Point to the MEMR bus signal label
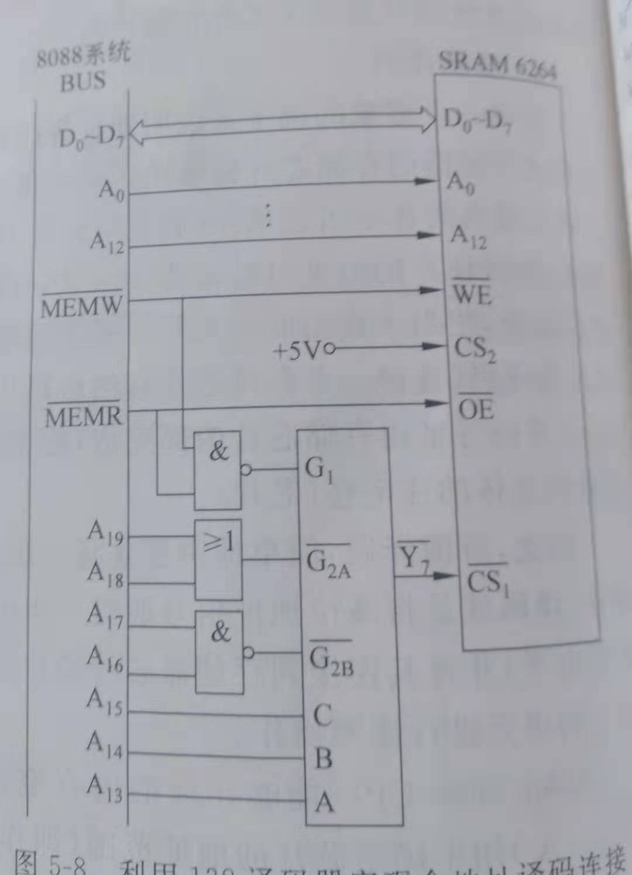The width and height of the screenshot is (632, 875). click(84, 415)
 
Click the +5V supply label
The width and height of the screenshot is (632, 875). click(297, 350)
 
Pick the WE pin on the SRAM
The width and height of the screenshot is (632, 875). click(472, 292)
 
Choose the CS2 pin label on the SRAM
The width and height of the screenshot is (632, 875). click(475, 349)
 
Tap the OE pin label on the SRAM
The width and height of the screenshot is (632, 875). click(475, 408)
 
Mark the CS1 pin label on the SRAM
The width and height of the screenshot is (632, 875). click(487, 581)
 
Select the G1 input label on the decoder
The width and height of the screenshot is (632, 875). click(319, 469)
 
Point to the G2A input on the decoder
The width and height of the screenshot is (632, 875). click(328, 563)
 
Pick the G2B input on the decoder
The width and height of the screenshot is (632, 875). click(331, 659)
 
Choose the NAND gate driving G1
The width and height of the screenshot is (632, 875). click(218, 470)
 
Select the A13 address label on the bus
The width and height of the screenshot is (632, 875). click(105, 788)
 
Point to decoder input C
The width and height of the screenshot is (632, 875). click(323, 715)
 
